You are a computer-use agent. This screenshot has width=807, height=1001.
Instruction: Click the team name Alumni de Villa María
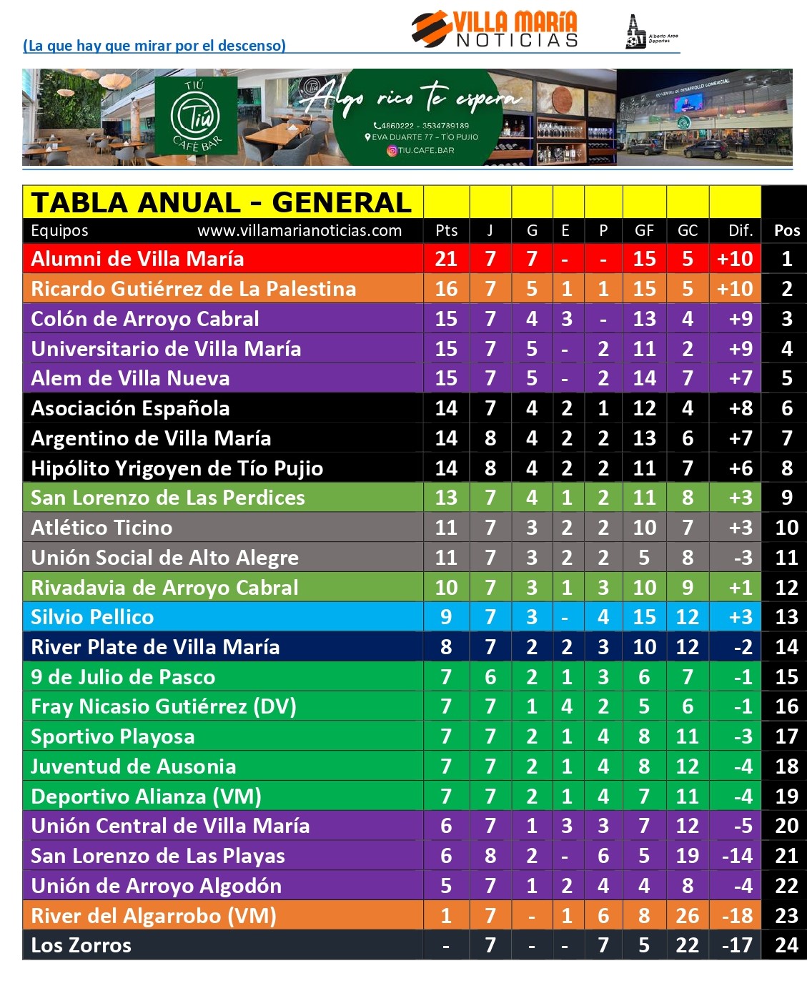coord(137,259)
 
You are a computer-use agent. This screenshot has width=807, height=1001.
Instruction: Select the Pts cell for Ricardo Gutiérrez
coord(446,289)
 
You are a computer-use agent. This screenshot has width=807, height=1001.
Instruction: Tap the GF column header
coord(644,230)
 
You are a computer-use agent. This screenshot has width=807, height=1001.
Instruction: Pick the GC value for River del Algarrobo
coord(687,916)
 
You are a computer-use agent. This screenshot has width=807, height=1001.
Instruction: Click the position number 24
coord(786,945)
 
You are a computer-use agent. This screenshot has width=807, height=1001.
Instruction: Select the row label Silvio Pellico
coord(92,617)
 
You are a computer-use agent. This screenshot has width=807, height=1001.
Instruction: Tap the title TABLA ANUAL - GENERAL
coord(222,203)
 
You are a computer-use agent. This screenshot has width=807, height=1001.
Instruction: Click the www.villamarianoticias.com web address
coord(299,230)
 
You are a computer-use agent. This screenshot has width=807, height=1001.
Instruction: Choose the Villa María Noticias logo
coord(495,30)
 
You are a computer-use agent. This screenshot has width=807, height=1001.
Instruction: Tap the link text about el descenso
coord(154,46)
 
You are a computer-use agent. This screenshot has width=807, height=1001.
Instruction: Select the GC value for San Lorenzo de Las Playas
coord(687,856)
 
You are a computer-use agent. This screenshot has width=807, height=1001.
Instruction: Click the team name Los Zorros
coord(81,945)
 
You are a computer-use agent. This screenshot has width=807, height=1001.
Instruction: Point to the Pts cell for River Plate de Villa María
coord(446,647)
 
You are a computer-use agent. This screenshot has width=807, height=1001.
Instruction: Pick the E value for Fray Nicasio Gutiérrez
coord(566,706)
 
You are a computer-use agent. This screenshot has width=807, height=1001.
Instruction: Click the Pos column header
coord(786,230)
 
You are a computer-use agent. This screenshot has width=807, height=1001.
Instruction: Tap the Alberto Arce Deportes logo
coord(650,33)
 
